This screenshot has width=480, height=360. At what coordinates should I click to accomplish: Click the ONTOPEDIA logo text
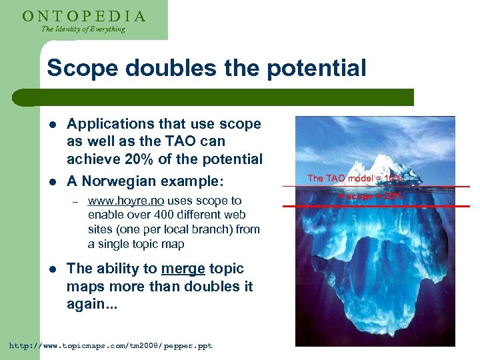[x=83, y=15]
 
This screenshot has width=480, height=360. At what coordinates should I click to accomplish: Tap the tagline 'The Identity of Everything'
[x=83, y=29]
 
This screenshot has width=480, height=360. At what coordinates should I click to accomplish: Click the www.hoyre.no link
[x=127, y=201]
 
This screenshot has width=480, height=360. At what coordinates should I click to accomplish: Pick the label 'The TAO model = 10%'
[x=354, y=178]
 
